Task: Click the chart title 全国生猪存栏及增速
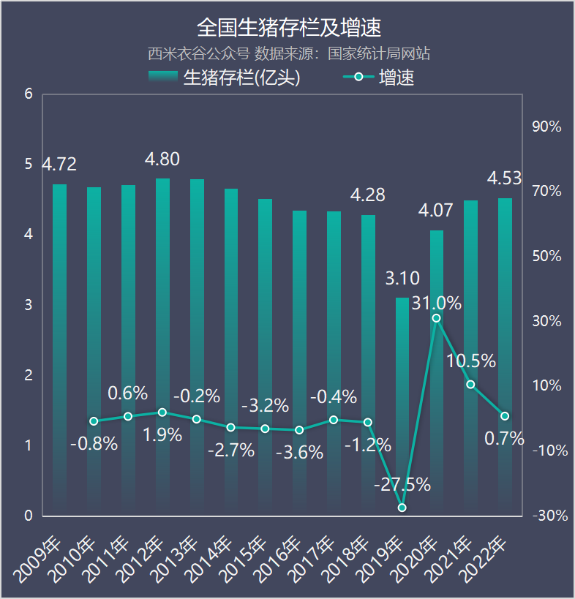point(289,28)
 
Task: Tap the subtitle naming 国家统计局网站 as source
point(288,53)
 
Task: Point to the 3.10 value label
point(402,279)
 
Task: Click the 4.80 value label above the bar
point(162,159)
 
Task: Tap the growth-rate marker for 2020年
point(436,318)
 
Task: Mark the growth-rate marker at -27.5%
point(402,508)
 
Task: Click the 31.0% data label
point(437,303)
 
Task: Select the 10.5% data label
point(471,361)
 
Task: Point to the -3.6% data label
point(299,453)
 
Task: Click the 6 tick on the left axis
point(29,94)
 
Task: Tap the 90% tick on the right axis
point(546,127)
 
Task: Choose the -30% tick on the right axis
point(550,516)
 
